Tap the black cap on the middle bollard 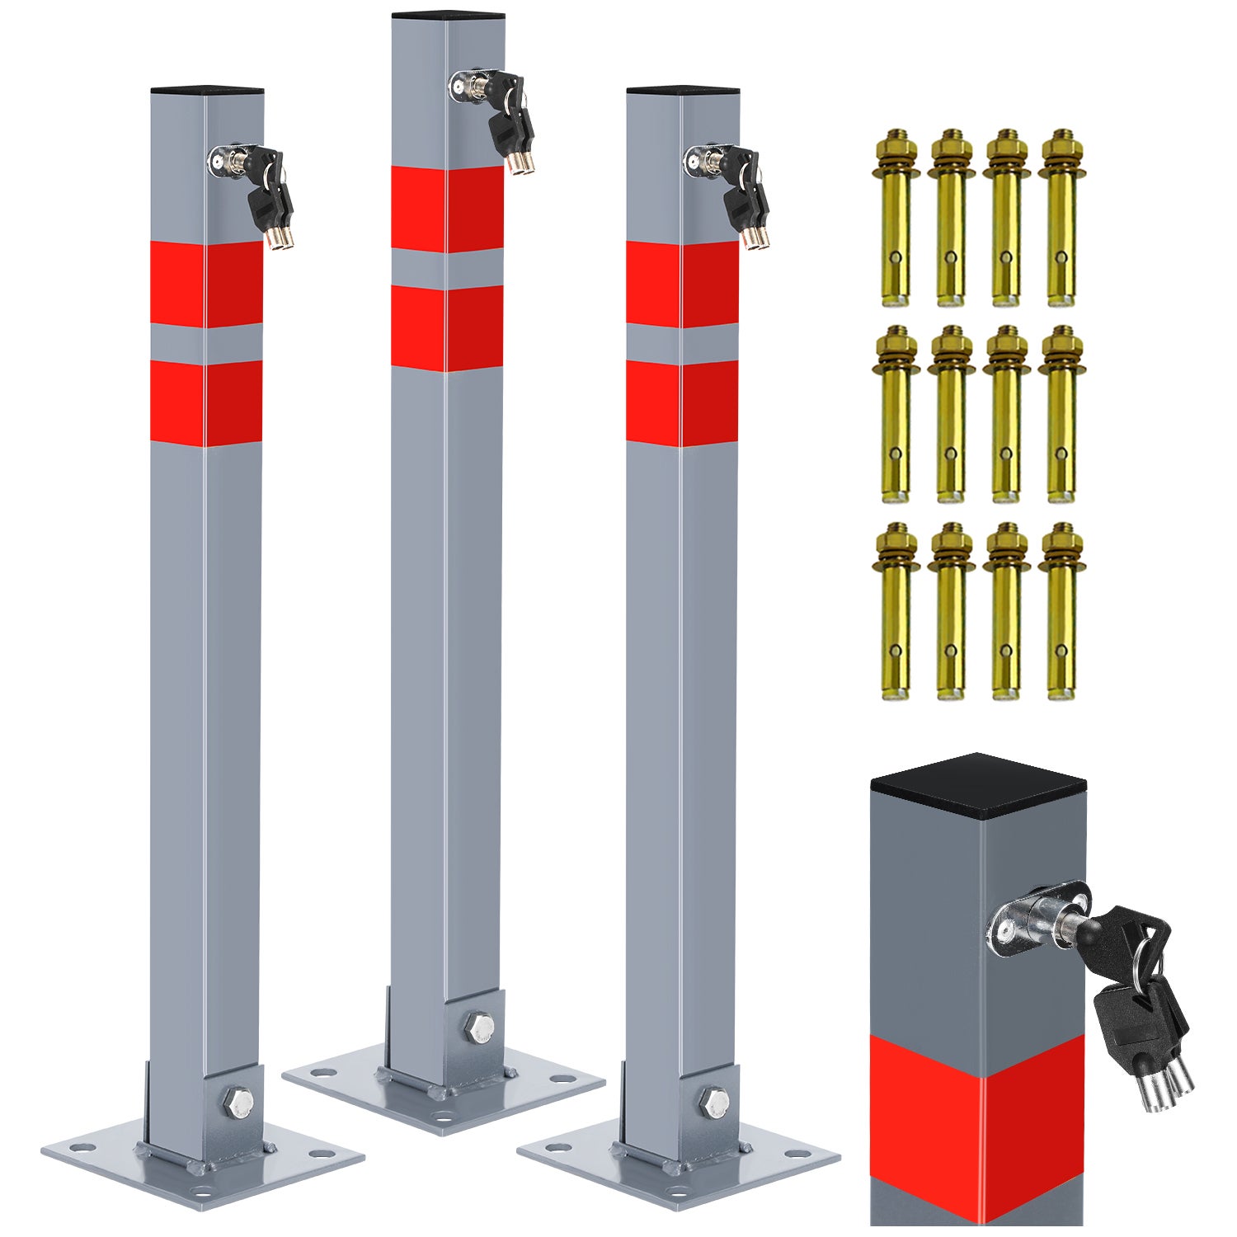(448, 15)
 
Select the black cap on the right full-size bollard (682, 89)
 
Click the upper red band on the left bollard (206, 284)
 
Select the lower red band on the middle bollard (447, 327)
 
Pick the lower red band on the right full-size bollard (682, 403)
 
